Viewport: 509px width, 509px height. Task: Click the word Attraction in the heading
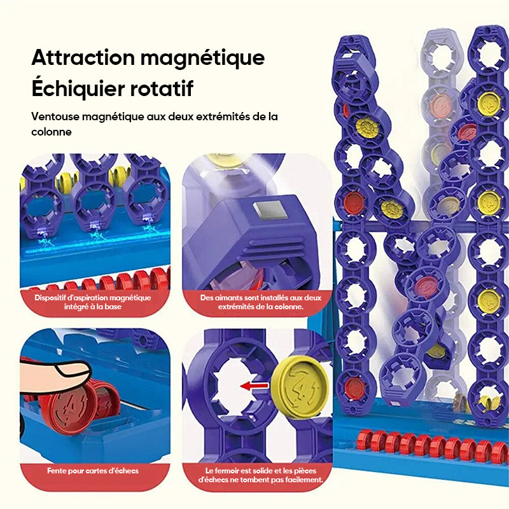[83, 57]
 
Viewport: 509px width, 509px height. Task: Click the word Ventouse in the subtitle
[55, 116]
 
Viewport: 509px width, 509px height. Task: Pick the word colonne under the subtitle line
[52, 132]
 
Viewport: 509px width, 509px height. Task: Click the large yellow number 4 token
[300, 387]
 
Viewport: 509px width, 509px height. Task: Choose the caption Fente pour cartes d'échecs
[93, 471]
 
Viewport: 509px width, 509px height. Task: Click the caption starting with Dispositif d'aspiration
[93, 302]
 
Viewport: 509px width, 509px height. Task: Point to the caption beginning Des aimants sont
[261, 302]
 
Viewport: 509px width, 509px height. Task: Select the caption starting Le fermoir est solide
[261, 475]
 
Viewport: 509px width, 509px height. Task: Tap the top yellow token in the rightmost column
[489, 103]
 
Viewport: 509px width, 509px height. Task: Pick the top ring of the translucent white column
[440, 56]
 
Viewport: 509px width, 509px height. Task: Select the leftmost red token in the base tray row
[363, 440]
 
